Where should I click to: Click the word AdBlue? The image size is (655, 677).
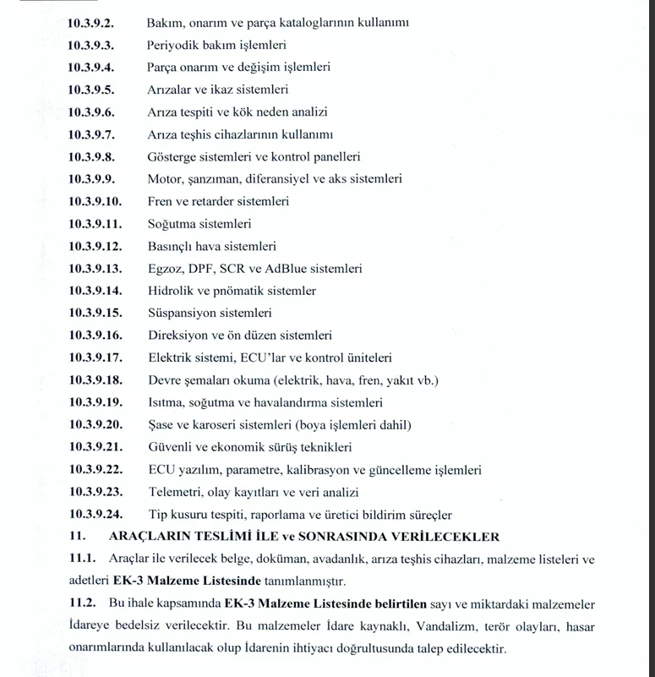tap(293, 269)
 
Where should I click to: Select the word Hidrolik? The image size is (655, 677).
tap(172, 291)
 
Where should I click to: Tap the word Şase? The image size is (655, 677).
tap(161, 424)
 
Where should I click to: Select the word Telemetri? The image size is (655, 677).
tap(175, 492)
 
